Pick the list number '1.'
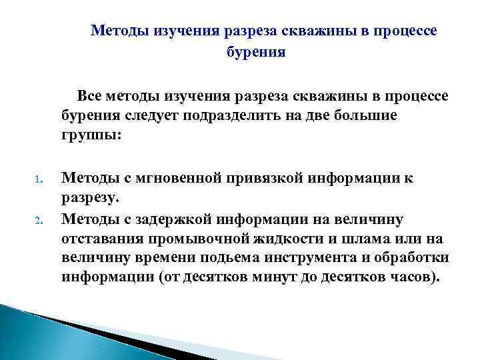click(x=39, y=179)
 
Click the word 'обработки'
click(x=415, y=258)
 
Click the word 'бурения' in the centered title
click(x=256, y=53)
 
